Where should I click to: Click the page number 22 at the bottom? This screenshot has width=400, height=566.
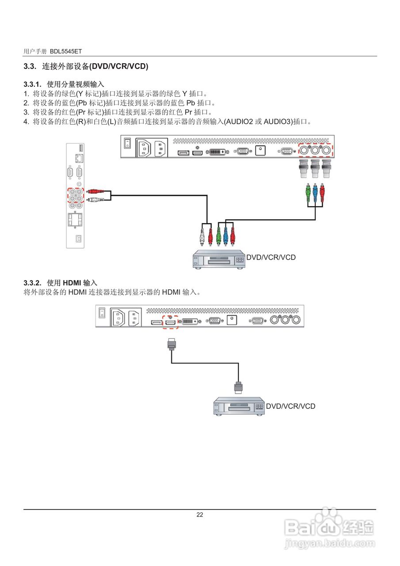point(200,515)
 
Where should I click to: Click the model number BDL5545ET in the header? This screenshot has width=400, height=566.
point(65,52)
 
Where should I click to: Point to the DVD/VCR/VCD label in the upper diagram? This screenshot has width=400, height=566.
point(270,257)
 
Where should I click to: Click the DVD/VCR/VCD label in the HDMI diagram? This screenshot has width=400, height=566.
point(290,406)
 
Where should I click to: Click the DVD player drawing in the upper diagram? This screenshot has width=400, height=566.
point(219,260)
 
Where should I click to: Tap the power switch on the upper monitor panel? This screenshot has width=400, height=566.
point(127,143)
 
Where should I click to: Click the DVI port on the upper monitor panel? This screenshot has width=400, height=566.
point(218,152)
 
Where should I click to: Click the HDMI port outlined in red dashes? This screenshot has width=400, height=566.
point(171,321)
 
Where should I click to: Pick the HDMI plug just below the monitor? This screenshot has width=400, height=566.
point(171,344)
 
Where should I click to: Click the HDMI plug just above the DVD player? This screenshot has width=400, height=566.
point(239,387)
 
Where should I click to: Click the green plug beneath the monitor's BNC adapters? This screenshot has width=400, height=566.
point(308,193)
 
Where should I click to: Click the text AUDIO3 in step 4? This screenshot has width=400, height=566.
point(278,122)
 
